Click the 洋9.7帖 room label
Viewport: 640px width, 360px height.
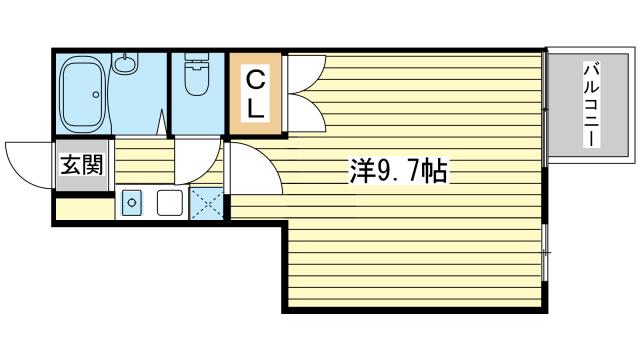397,171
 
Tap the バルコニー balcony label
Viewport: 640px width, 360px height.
590,104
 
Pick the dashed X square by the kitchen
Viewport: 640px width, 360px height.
206,203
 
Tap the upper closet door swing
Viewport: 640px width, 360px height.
305,72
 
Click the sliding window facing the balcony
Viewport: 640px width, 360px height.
545,110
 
